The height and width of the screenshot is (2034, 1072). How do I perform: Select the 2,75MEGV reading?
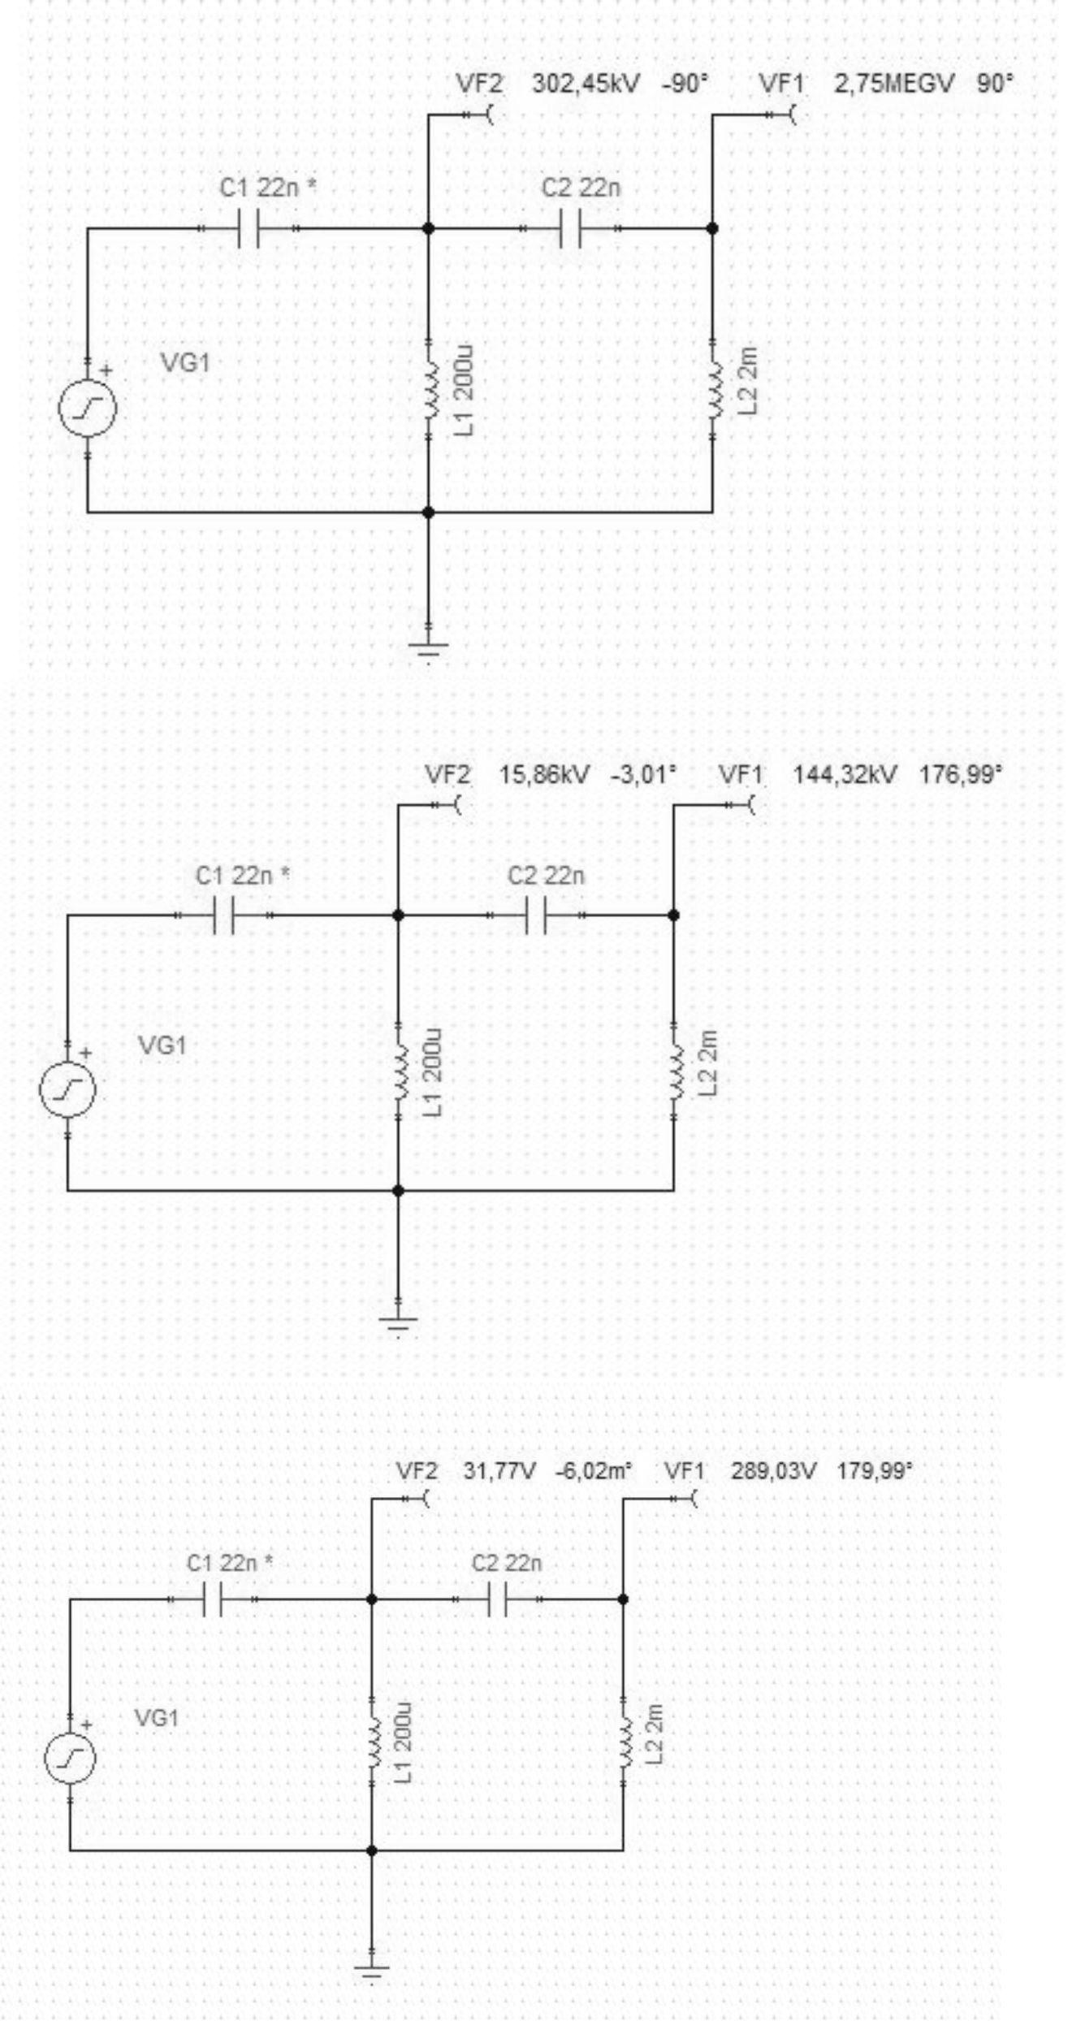pyautogui.click(x=893, y=84)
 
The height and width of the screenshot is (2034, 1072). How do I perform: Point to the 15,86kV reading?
pyautogui.click(x=544, y=774)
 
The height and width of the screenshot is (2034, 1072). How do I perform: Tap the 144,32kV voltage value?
pyautogui.click(x=845, y=774)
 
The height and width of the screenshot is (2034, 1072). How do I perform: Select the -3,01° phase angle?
pyautogui.click(x=642, y=774)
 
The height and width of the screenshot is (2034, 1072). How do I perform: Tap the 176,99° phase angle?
pyautogui.click(x=961, y=774)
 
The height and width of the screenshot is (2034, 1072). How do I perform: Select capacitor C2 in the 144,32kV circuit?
pyautogui.click(x=536, y=915)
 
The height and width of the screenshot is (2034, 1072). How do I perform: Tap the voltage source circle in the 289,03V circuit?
pyautogui.click(x=70, y=1758)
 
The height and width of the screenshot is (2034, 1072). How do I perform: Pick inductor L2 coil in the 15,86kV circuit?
pyautogui.click(x=674, y=1074)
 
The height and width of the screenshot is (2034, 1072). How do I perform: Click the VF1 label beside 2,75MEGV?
pyautogui.click(x=781, y=84)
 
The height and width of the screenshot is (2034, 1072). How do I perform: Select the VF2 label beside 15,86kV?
pyautogui.click(x=447, y=774)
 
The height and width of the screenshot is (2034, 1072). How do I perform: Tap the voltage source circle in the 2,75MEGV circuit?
pyautogui.click(x=88, y=409)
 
